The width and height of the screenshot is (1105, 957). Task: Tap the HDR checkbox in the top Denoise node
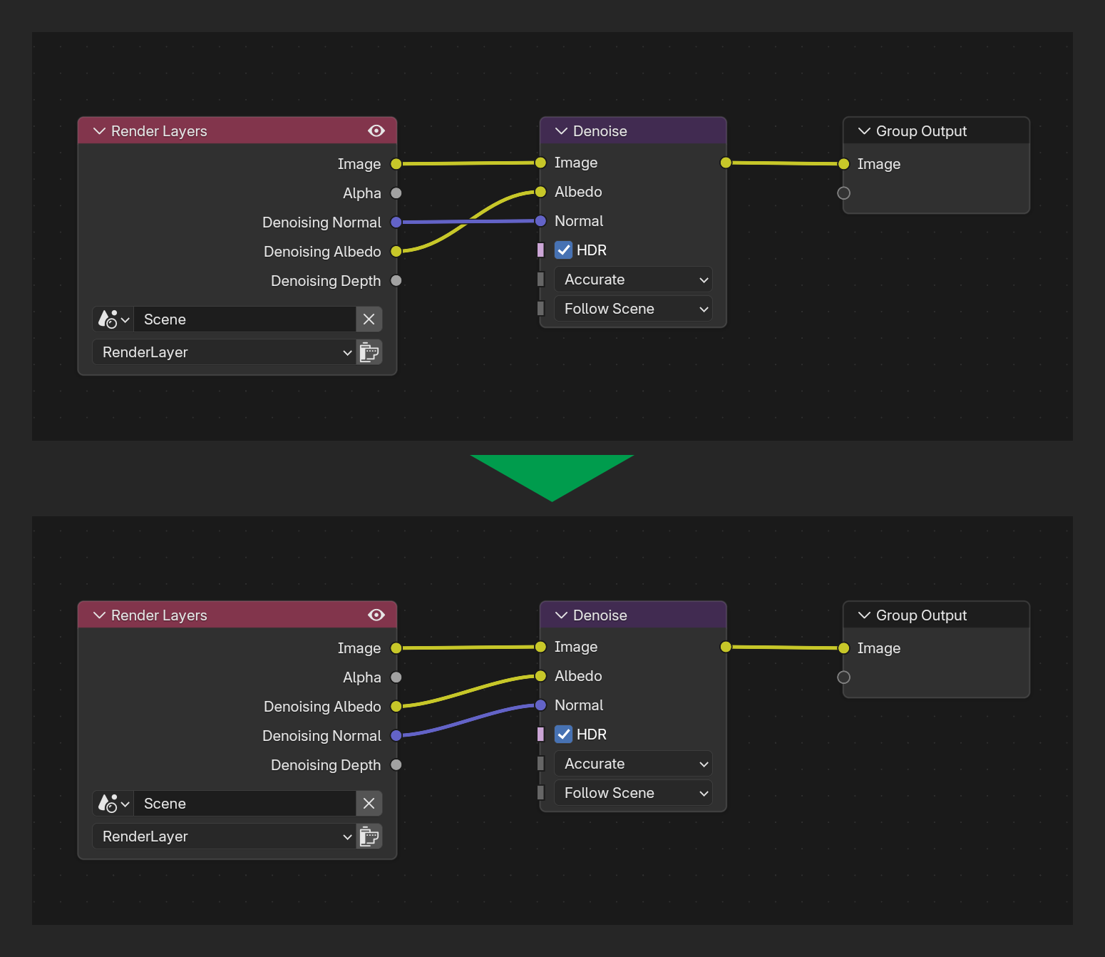point(563,250)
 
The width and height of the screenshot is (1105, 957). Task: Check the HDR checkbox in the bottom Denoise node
point(563,735)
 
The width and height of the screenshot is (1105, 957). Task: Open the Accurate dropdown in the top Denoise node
point(633,280)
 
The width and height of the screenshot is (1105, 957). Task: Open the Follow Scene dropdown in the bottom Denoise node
point(633,793)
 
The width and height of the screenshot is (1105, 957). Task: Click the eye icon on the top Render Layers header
point(376,131)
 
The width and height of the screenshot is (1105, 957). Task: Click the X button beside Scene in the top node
point(369,319)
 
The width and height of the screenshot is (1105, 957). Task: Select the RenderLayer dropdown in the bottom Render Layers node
point(225,836)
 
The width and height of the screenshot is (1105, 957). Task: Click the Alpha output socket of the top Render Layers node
point(396,193)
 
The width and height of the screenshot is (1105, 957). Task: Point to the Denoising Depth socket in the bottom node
point(396,765)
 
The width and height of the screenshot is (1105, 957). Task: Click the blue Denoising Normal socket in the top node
point(396,222)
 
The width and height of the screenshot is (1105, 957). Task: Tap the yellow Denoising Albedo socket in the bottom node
point(396,706)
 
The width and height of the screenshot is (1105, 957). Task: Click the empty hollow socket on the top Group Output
point(843,193)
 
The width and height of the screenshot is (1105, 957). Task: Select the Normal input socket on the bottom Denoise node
point(540,705)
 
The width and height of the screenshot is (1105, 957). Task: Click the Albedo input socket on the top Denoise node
point(540,192)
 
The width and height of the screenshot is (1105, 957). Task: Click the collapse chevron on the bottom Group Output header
point(864,615)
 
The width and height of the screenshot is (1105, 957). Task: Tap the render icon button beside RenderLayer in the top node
point(369,352)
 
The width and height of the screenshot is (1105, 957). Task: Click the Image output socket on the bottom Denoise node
point(726,647)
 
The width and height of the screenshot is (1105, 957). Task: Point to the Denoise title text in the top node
point(600,131)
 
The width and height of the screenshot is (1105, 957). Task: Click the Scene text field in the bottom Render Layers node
point(245,804)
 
